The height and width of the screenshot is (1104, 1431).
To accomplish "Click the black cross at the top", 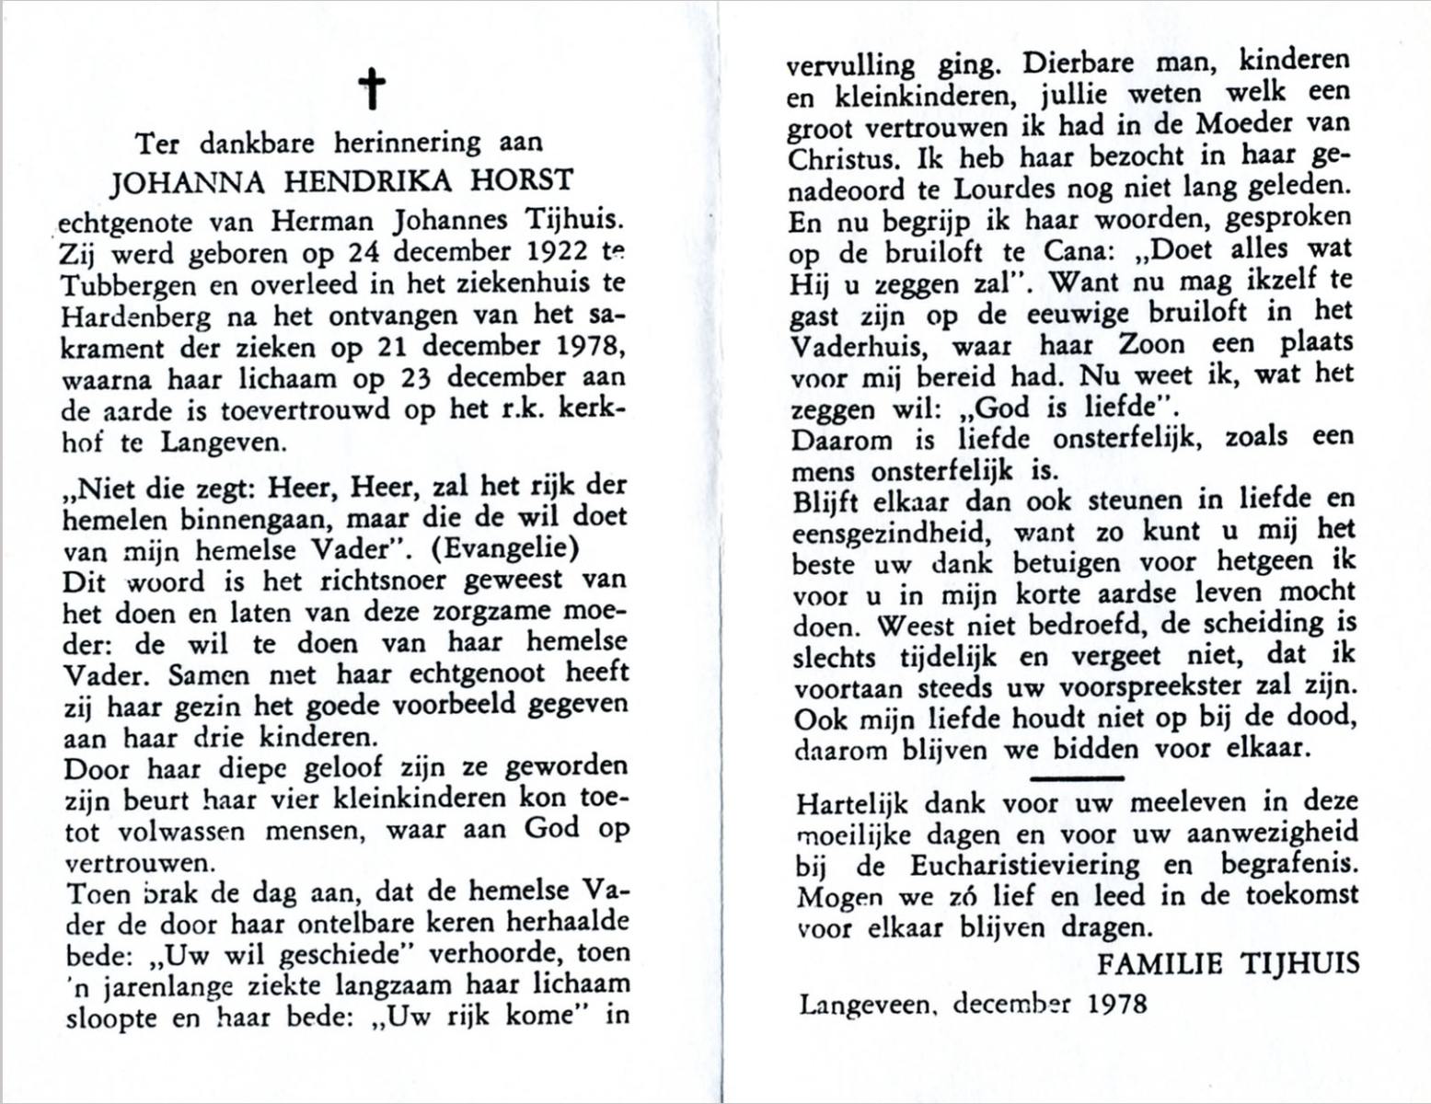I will pyautogui.click(x=372, y=90).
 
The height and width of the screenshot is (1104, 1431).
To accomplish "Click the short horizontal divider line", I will pyautogui.click(x=1076, y=778).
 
